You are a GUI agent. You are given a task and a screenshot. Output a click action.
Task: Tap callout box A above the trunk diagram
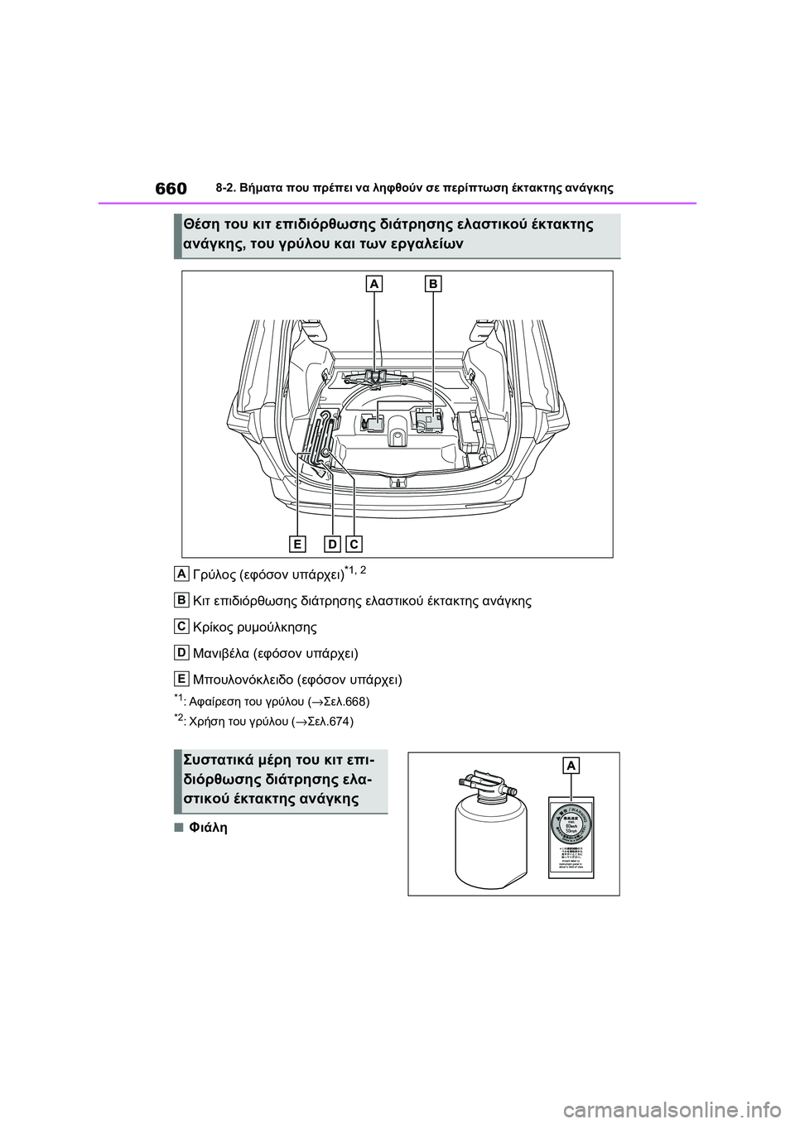[x=374, y=284]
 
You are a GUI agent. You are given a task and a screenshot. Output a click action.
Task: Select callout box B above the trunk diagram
[x=433, y=284]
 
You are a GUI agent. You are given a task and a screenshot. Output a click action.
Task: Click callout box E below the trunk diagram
[x=296, y=543]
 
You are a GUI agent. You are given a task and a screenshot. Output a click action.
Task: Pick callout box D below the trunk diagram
[x=332, y=543]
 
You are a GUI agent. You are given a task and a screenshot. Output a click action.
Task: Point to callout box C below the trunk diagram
[x=354, y=543]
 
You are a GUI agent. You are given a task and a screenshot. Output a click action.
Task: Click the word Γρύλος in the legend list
[x=214, y=574]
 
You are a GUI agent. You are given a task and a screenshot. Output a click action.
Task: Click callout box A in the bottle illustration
[x=571, y=766]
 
